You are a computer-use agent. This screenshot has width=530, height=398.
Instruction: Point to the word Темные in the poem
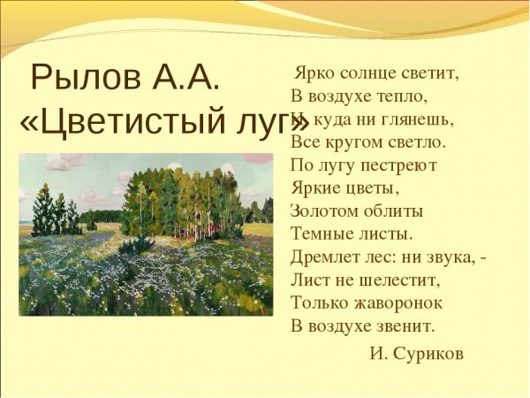click(322, 233)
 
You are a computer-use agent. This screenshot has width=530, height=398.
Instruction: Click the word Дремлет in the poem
click(326, 256)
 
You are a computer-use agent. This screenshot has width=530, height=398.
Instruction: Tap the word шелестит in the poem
click(394, 279)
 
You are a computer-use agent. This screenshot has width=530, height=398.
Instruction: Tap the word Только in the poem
click(317, 302)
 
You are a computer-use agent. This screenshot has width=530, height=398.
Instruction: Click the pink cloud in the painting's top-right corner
click(258, 158)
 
